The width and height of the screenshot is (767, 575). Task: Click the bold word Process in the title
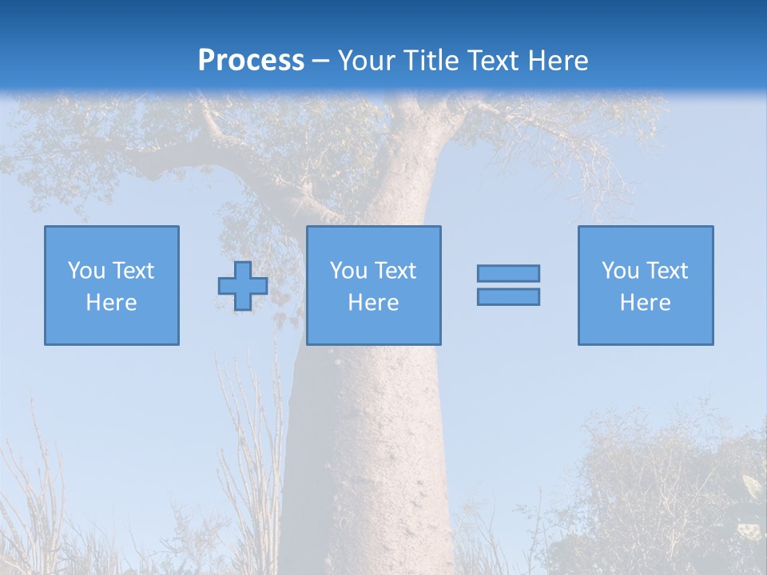(x=251, y=61)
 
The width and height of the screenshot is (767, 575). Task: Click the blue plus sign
(x=243, y=286)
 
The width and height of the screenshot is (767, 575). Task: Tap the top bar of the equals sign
(x=508, y=273)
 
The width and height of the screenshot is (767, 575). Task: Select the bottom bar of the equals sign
(x=508, y=297)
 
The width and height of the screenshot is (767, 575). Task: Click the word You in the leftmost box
(x=86, y=271)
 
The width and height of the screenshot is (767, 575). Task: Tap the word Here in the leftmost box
(x=112, y=303)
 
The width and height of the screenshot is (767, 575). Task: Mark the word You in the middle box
(x=348, y=271)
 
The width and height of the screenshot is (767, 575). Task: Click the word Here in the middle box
(x=374, y=303)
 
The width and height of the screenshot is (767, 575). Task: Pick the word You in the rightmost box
(x=620, y=271)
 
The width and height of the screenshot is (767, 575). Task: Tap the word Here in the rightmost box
(x=646, y=303)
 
